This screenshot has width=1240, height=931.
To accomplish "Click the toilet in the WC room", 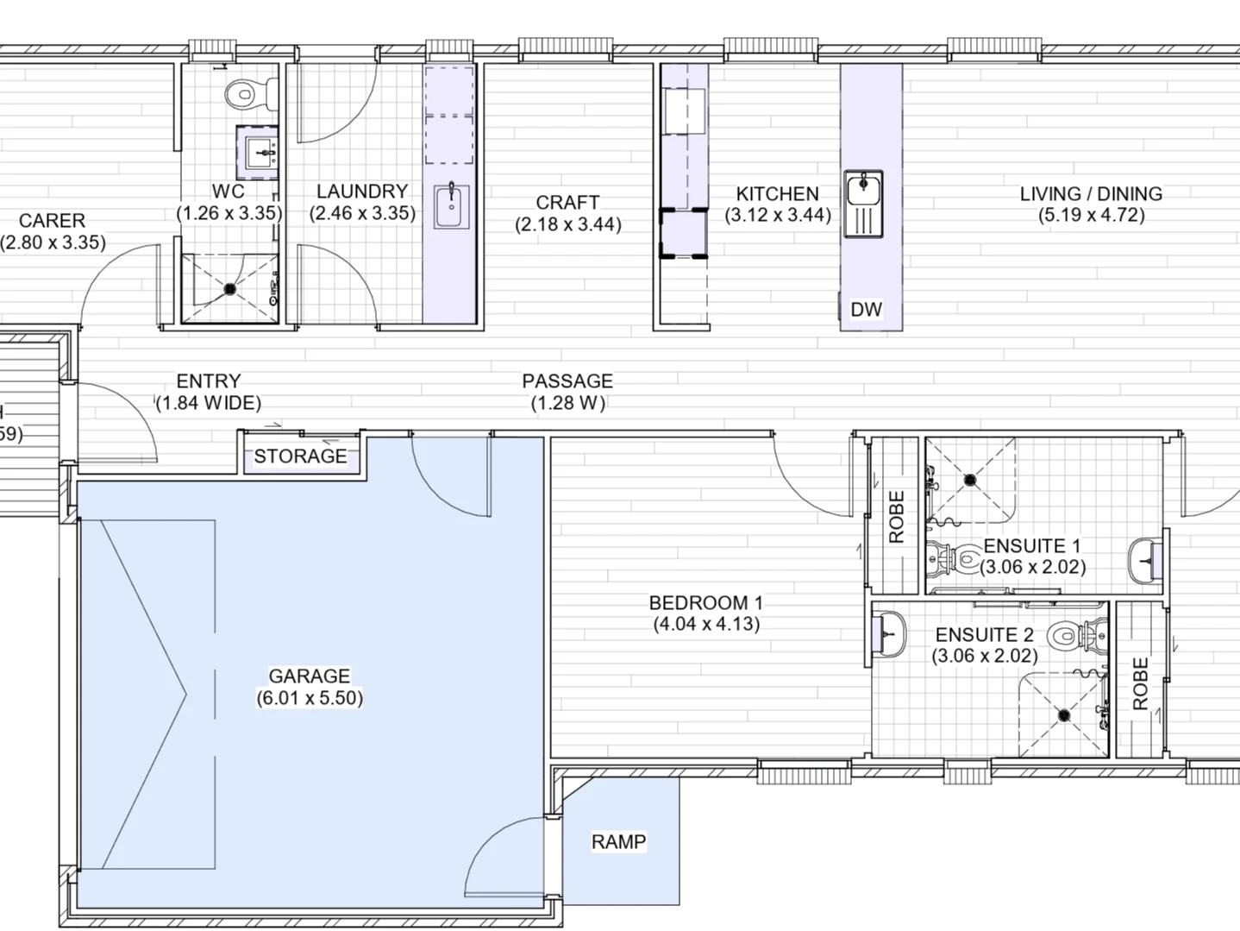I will tap(249, 93).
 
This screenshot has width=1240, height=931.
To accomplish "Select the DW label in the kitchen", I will tap(866, 309).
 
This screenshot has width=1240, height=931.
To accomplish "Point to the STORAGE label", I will tap(300, 456).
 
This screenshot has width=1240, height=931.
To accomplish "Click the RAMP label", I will tap(618, 841).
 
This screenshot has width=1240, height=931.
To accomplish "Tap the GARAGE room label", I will tap(309, 676).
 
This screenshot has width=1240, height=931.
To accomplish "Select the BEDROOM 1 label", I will tap(705, 602).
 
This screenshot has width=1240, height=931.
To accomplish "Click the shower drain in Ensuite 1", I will tap(971, 479).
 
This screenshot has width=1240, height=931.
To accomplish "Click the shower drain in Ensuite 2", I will tap(1064, 714).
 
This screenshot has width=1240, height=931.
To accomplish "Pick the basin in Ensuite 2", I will tap(889, 636).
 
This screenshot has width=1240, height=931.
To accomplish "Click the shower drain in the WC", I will tap(230, 289).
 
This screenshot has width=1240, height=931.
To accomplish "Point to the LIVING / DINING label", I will tap(1091, 193).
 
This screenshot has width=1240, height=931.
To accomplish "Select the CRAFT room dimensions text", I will tap(567, 224).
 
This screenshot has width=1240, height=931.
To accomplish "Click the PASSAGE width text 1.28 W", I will tap(567, 402).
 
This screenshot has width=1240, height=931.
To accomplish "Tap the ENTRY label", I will tap(209, 381).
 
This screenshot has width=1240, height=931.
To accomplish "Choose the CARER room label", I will tap(52, 221).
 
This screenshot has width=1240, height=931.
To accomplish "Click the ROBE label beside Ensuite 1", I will tap(896, 516).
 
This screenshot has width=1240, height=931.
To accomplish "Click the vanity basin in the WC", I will tap(260, 154).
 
